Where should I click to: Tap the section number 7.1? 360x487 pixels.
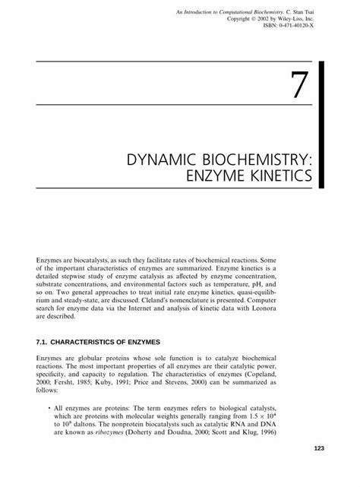44,321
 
